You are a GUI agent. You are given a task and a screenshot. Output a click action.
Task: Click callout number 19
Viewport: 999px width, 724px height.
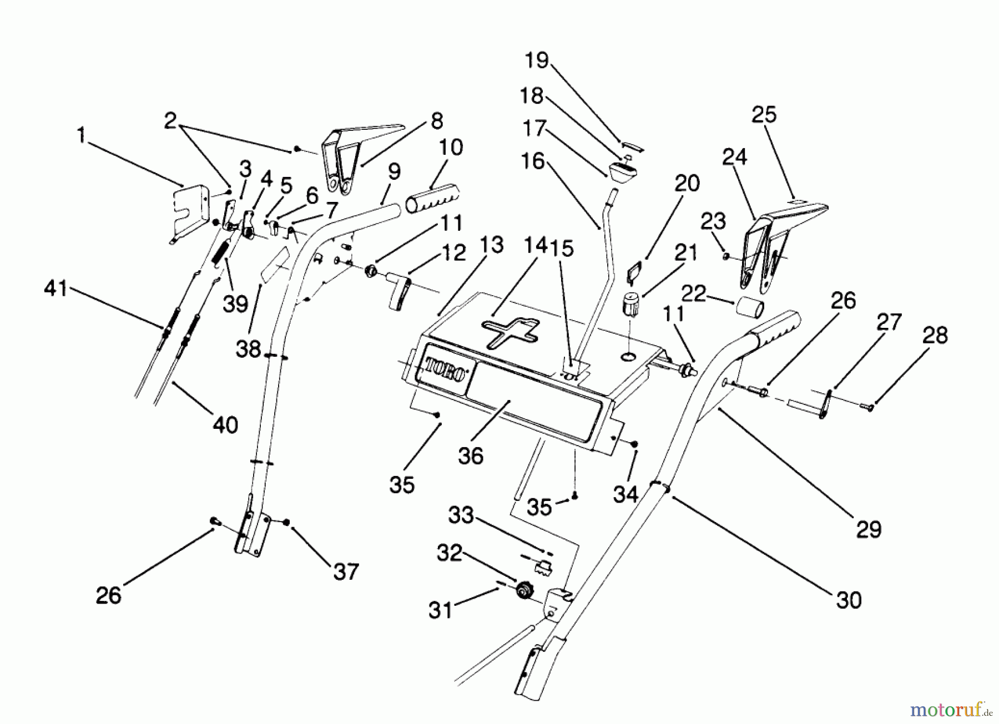(537, 60)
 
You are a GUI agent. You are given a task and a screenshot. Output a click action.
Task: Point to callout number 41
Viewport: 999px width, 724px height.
(56, 289)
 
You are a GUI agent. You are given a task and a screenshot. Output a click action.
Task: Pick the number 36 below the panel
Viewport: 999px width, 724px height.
(471, 456)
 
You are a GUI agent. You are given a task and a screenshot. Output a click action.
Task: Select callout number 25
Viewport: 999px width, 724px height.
(764, 115)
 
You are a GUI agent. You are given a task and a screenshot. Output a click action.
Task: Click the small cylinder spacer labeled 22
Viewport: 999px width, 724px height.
(749, 307)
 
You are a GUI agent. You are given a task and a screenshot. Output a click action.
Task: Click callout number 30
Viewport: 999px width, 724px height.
(849, 600)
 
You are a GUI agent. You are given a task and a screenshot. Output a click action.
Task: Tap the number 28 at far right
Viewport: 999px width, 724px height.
(935, 335)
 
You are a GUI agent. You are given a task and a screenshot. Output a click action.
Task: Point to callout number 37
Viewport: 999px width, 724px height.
(345, 571)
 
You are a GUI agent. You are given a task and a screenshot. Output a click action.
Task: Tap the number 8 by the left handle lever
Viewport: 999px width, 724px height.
(437, 120)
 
